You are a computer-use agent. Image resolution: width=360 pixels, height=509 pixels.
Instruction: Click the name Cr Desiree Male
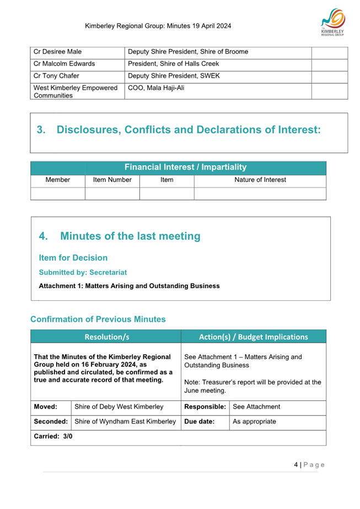[x=58, y=52]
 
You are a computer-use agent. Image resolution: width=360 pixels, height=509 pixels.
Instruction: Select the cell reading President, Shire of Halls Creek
[x=177, y=63]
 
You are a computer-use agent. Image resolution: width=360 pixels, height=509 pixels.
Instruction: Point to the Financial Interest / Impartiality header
[x=185, y=167]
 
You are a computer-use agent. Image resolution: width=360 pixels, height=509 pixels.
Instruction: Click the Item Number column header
[x=112, y=180]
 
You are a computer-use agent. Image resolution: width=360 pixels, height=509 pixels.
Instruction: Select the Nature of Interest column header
[x=260, y=180]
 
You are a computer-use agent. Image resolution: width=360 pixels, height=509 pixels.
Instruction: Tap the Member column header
[x=58, y=180]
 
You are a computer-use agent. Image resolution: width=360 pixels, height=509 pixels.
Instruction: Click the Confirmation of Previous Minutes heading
[x=98, y=320]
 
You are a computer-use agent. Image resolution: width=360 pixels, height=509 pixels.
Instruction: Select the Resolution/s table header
[x=107, y=337]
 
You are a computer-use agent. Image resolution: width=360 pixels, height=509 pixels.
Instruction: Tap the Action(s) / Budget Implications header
[x=253, y=337]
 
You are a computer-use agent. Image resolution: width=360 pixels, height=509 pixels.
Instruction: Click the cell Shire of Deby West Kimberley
[x=119, y=407]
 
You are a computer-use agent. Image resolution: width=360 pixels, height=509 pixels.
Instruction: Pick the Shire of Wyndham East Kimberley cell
[x=125, y=422]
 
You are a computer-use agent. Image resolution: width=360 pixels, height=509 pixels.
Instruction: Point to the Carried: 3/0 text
[x=53, y=436]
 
